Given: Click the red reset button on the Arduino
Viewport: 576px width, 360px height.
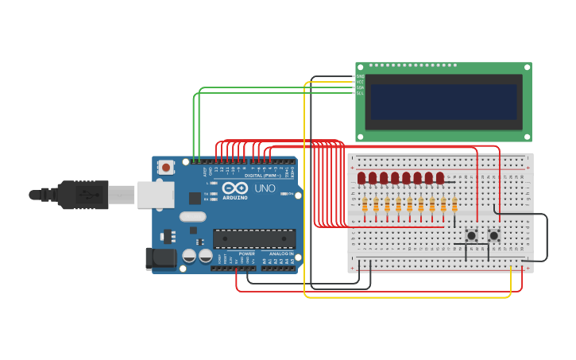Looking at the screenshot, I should click(166, 167).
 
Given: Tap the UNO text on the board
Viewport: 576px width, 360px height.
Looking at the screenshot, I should click(265, 188).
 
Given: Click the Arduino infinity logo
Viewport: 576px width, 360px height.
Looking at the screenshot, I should click(234, 188).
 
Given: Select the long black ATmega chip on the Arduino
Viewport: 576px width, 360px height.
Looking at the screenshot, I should click(254, 238).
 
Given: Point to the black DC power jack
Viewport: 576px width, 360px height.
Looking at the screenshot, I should click(160, 258).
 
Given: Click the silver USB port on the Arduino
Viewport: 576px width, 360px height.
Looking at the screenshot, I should click(155, 195).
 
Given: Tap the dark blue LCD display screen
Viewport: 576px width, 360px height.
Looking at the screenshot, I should click(443, 102).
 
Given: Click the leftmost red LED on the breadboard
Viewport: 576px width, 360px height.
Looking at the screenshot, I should click(361, 178).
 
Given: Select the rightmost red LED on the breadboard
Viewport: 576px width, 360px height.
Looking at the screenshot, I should click(439, 178).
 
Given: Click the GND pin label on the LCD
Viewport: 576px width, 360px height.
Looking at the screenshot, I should click(360, 76).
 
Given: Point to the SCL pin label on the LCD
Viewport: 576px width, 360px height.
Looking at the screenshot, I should click(360, 93).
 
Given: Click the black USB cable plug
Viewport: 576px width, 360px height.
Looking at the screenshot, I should click(79, 195).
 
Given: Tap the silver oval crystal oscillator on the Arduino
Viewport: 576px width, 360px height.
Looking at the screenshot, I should click(193, 216).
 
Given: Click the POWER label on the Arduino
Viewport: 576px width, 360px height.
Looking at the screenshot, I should click(247, 254).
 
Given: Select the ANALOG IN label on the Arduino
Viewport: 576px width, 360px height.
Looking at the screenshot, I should click(280, 254).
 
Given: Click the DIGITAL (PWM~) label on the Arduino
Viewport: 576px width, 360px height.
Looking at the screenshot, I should click(260, 175).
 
